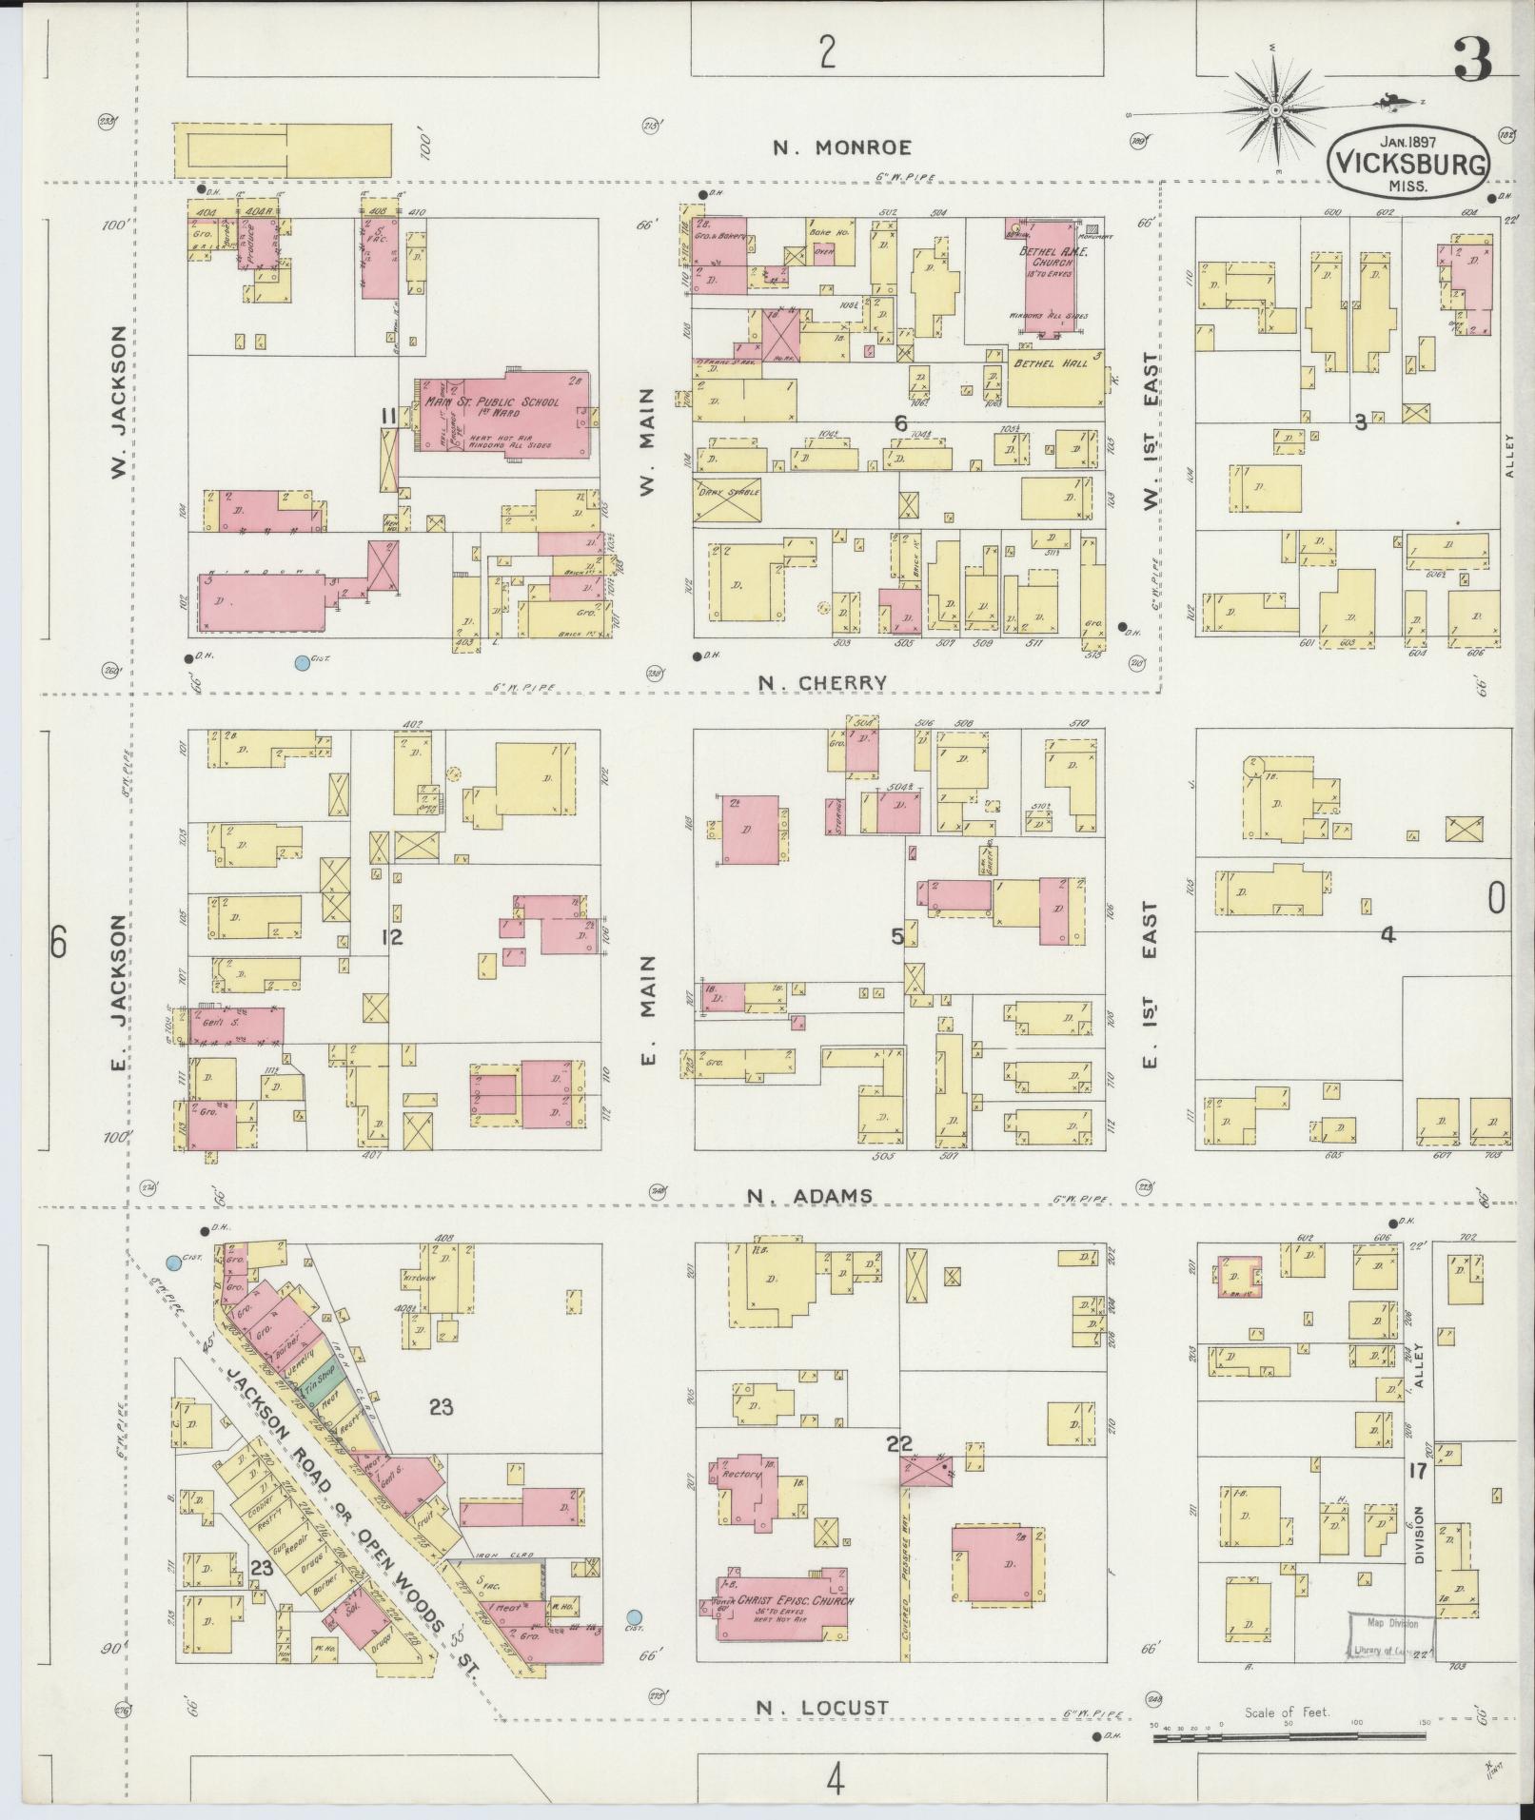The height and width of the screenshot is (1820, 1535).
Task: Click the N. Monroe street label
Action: (841, 147)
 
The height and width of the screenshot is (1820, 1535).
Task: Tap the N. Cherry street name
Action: (824, 682)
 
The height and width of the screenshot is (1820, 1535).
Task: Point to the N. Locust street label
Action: (822, 1708)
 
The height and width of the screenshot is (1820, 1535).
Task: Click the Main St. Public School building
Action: (502, 416)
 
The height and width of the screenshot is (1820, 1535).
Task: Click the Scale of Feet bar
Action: (1289, 1737)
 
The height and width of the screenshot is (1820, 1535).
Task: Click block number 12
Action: (391, 937)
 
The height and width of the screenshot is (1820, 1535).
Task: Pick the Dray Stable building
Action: (727, 499)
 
